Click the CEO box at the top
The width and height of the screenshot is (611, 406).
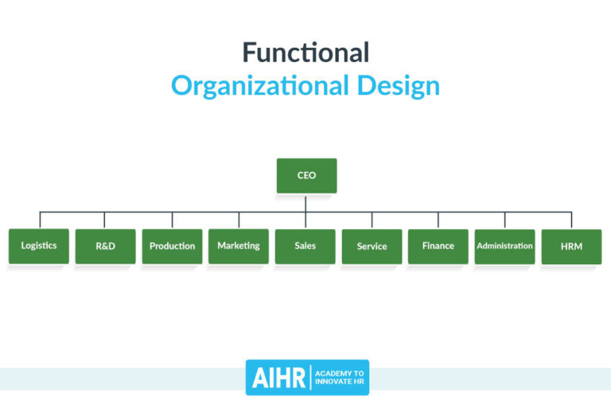pyautogui.click(x=306, y=175)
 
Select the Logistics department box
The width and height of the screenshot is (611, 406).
pyautogui.click(x=39, y=246)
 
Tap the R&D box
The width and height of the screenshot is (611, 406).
pyautogui.click(x=105, y=247)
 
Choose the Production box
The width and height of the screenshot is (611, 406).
pyautogui.click(x=172, y=247)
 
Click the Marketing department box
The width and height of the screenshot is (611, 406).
pyautogui.click(x=239, y=246)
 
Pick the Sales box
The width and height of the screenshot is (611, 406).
pyautogui.click(x=305, y=247)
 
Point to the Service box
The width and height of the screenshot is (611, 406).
pyautogui.click(x=372, y=247)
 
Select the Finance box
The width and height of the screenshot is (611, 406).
pyautogui.click(x=438, y=246)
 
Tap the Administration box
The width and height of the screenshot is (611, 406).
pyautogui.click(x=504, y=246)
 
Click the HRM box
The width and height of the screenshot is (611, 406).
pyautogui.click(x=571, y=247)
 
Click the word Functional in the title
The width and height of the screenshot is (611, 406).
pyautogui.click(x=305, y=53)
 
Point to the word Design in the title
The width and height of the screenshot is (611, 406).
pyautogui.click(x=397, y=85)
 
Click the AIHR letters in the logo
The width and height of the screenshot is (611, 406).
pyautogui.click(x=278, y=378)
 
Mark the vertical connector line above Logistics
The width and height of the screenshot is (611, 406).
pyautogui.click(x=40, y=221)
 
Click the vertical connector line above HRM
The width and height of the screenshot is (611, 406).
pyautogui.click(x=571, y=221)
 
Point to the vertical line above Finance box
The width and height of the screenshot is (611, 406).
pyautogui.click(x=438, y=221)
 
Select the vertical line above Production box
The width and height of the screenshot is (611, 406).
pyautogui.click(x=172, y=221)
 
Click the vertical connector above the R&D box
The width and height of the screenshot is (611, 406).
pyautogui.click(x=104, y=221)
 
